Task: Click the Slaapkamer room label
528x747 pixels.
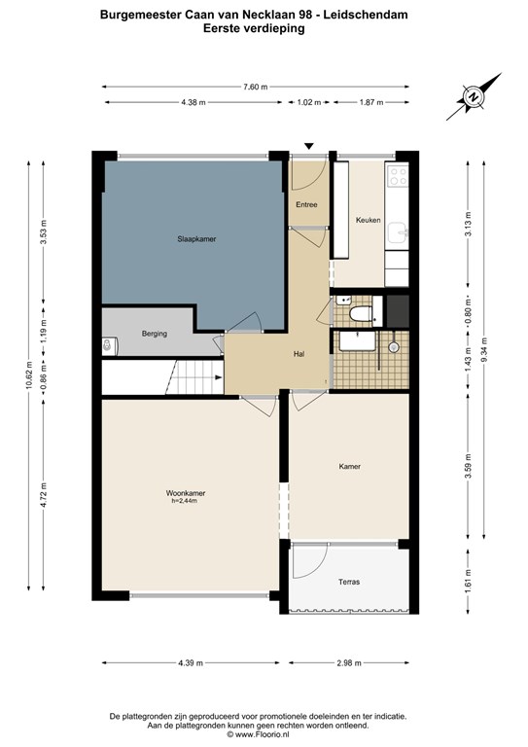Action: tap(191, 238)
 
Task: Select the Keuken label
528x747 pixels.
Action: tap(368, 220)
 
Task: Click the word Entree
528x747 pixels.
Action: tap(306, 204)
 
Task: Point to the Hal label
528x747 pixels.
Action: tap(300, 354)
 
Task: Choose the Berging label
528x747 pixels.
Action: tap(154, 333)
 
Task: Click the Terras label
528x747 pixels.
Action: tap(349, 582)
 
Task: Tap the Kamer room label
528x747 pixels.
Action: tap(349, 466)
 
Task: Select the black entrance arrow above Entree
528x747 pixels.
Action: tap(309, 146)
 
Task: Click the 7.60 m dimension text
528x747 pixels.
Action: tap(255, 87)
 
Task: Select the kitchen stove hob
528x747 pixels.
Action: tap(399, 176)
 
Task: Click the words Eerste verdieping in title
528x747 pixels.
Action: tap(254, 29)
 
